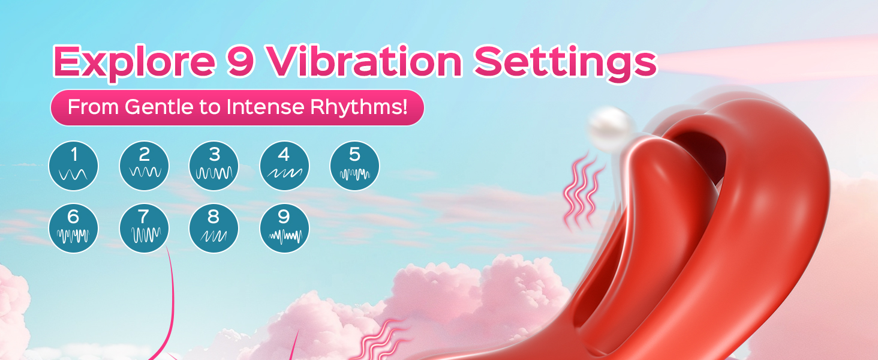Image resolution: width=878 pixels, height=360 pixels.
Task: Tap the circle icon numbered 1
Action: (x=73, y=166)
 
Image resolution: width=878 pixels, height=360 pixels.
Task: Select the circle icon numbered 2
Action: (x=144, y=166)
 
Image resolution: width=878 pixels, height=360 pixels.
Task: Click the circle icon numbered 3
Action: (x=214, y=166)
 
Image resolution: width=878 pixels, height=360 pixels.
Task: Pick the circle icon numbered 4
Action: (x=284, y=166)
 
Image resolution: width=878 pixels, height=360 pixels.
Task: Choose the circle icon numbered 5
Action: (x=354, y=166)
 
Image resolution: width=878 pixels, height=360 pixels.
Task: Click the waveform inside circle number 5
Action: (x=354, y=175)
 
